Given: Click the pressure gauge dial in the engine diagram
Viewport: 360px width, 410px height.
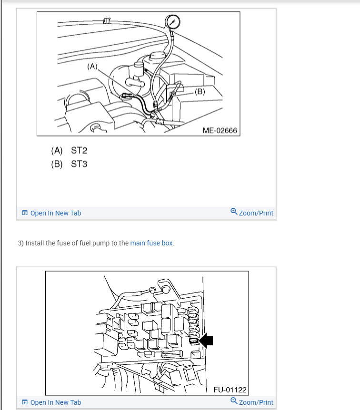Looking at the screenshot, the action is (172, 21).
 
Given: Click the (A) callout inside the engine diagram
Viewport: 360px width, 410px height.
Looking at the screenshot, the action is (92, 67).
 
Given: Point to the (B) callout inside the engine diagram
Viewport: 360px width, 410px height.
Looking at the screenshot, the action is (200, 91).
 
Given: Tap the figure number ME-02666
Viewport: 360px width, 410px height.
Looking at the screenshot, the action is (220, 130).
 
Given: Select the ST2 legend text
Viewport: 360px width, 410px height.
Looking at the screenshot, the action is (79, 150).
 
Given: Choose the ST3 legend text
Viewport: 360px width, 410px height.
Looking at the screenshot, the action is (79, 164).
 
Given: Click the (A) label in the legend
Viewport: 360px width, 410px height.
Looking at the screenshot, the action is (57, 151).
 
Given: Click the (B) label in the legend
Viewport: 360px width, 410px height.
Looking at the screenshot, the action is (57, 164).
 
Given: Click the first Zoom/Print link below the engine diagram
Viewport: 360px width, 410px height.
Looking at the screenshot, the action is (256, 213).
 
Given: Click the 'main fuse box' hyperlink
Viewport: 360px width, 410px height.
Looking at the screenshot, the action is (151, 243).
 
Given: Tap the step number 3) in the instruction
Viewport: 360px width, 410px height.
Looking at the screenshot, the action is (20, 243).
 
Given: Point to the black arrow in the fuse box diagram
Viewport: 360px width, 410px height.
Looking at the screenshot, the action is (206, 341).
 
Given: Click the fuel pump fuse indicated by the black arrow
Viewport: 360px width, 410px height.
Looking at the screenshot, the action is (194, 341).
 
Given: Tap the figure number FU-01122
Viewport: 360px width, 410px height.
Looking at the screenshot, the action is (230, 390).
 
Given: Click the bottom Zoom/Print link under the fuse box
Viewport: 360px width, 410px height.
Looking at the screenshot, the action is (256, 402).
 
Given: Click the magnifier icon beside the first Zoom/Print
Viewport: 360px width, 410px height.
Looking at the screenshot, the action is (234, 211).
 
